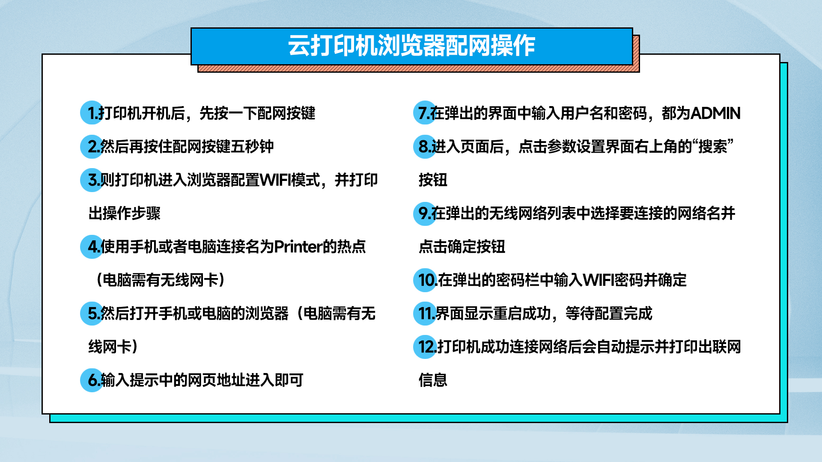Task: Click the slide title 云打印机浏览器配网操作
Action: (x=411, y=45)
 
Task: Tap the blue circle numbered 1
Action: (x=92, y=113)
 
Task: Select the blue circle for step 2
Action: (x=92, y=146)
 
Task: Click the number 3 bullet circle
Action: (x=92, y=180)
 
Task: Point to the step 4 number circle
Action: (x=92, y=246)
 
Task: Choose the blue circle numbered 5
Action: (x=92, y=313)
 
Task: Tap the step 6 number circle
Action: (x=92, y=380)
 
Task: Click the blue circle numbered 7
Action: (x=425, y=113)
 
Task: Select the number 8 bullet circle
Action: (x=425, y=146)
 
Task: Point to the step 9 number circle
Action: (x=425, y=213)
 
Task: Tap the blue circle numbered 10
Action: (x=425, y=280)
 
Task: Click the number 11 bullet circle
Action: (x=425, y=313)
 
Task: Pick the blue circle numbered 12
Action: (x=425, y=346)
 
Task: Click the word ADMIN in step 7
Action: (x=715, y=113)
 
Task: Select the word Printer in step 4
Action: (x=298, y=247)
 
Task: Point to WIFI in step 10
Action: (x=599, y=280)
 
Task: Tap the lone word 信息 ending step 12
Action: (x=433, y=380)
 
